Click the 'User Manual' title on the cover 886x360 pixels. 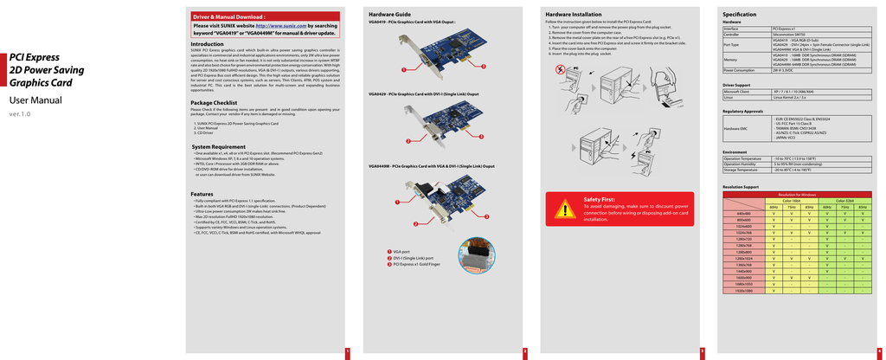click(35, 100)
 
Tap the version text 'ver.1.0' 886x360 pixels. click(19, 114)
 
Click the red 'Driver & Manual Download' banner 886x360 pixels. click(228, 16)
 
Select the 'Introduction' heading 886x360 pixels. click(207, 44)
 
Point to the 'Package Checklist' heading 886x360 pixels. click(214, 103)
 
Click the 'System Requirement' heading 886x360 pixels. click(218, 147)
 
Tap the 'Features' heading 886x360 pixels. click(202, 194)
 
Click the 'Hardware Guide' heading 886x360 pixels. click(389, 15)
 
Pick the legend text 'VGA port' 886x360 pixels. click(401, 251)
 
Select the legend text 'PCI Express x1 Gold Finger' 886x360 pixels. click(416, 264)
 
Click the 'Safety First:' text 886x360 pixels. click(600, 199)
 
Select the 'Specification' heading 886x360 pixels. click(739, 15)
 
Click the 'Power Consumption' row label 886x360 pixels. click(741, 70)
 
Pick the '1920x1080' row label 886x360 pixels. click(742, 291)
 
